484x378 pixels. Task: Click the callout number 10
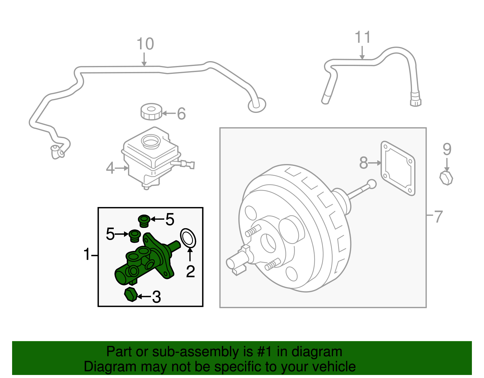tap(145, 44)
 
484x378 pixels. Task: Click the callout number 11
tap(362, 38)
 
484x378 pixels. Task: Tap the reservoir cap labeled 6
tap(151, 112)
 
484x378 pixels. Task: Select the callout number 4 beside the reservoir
tap(110, 168)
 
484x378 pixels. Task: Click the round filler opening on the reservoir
tap(150, 141)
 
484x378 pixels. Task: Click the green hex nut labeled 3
tap(131, 294)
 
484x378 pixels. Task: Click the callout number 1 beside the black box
tap(87, 254)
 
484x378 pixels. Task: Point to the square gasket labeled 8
tap(398, 168)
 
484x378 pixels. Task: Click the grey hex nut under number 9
tap(446, 178)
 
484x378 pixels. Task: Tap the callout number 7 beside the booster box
tap(438, 217)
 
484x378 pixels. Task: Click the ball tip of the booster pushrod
tap(371, 183)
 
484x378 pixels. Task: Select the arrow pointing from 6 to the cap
tap(169, 114)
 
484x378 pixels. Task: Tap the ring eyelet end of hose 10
tap(257, 105)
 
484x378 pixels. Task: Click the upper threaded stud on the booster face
tap(253, 231)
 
